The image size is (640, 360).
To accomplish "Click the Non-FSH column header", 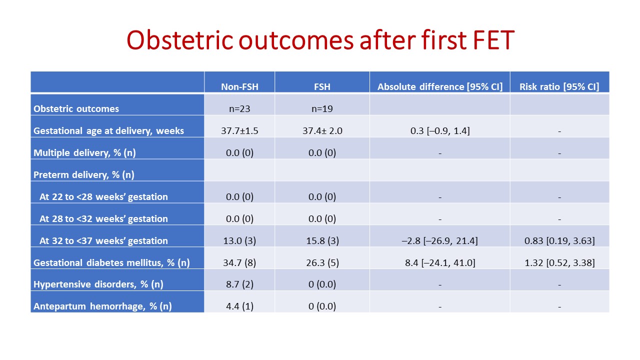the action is pos(239,86).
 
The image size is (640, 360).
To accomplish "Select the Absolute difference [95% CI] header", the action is pos(439,86).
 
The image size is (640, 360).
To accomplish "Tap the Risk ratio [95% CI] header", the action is pos(559,86).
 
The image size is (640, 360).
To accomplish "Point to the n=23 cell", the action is pos(239,109).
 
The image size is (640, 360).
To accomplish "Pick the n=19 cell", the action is pos(322,109).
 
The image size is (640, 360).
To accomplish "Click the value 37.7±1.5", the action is pos(239,131).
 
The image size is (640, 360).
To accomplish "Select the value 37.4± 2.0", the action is pos(322,131).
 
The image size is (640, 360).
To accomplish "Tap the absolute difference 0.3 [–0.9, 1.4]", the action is pos(440,131).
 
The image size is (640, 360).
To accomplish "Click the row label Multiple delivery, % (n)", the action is pos(84,153).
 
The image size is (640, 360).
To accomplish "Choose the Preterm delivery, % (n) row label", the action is pos(83,175).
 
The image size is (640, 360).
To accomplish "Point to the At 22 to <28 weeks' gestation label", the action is pos(103,197).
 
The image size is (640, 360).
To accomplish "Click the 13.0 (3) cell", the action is pos(239,241).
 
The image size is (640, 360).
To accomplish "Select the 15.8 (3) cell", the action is pos(322,241).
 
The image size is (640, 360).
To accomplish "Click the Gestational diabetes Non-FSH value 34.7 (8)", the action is pos(239,263).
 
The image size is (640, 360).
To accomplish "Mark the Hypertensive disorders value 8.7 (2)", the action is pos(239,284).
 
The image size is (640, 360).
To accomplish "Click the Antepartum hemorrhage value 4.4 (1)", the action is pos(239,306).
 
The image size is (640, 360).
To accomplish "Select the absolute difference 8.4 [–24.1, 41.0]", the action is pos(440,263).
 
